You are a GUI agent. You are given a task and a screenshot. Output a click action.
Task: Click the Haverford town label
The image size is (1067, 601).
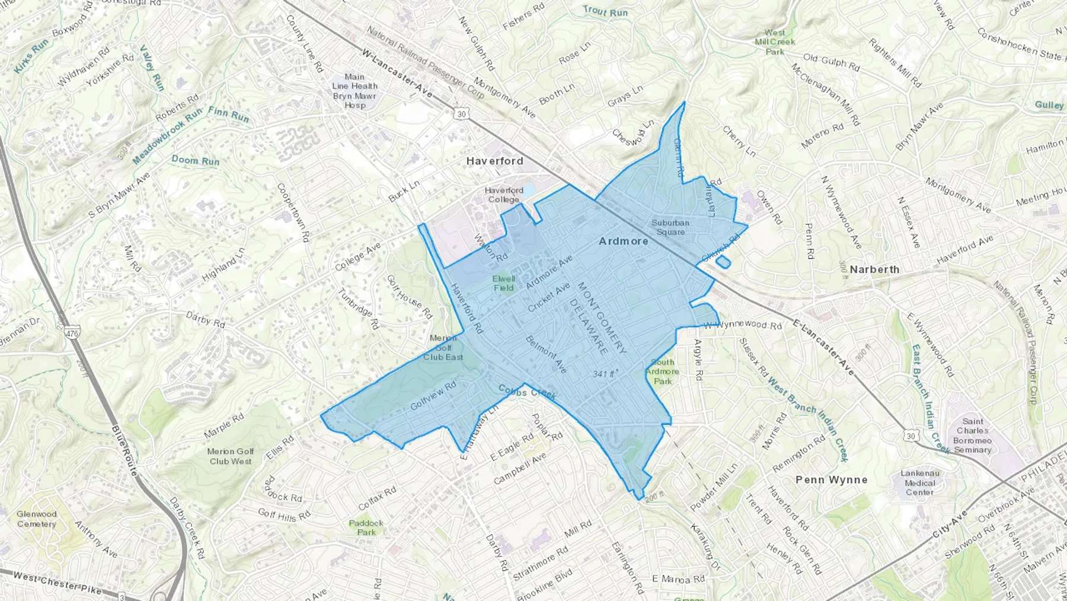tap(494, 161)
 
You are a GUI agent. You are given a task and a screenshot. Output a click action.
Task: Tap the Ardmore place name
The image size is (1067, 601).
tap(623, 241)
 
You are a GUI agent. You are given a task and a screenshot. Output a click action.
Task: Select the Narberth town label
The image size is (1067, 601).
tap(874, 269)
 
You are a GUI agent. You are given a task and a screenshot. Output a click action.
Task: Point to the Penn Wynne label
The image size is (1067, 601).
tap(831, 479)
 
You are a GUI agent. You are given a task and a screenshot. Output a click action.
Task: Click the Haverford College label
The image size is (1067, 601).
tap(504, 195)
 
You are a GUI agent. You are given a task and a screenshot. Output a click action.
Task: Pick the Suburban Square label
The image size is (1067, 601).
tap(670, 227)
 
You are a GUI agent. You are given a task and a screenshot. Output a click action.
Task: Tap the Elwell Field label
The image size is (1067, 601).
tap(504, 283)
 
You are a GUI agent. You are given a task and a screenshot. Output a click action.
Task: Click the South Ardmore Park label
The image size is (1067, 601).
tap(662, 371)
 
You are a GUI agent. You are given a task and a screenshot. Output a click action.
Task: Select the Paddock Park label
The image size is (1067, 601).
tap(366, 527)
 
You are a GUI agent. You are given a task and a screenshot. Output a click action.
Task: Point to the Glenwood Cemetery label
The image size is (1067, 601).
tap(36, 519)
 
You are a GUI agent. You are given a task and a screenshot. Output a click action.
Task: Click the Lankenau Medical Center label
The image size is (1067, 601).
tap(919, 482)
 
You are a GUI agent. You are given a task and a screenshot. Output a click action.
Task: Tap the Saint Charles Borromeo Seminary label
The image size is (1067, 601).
tap(972, 435)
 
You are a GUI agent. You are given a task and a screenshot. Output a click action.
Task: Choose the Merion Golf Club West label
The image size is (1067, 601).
tap(231, 456)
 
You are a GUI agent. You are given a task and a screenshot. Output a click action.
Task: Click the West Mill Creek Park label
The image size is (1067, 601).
tap(775, 42)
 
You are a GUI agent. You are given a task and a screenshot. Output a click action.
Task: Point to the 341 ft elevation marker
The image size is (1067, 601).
tap(605, 374)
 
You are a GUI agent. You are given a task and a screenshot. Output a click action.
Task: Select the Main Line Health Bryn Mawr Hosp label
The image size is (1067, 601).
tap(354, 91)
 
